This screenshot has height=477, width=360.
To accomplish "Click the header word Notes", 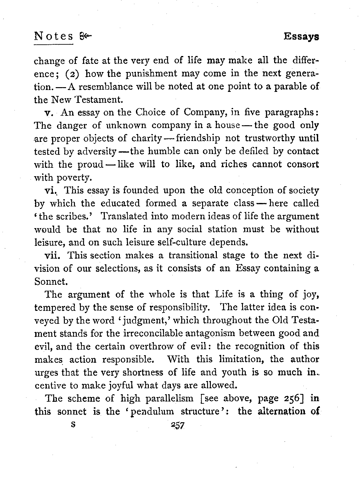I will click(53, 36).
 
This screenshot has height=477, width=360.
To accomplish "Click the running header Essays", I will click(301, 36).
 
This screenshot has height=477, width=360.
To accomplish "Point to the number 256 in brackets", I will click(294, 399).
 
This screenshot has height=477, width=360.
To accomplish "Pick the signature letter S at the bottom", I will click(73, 424).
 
